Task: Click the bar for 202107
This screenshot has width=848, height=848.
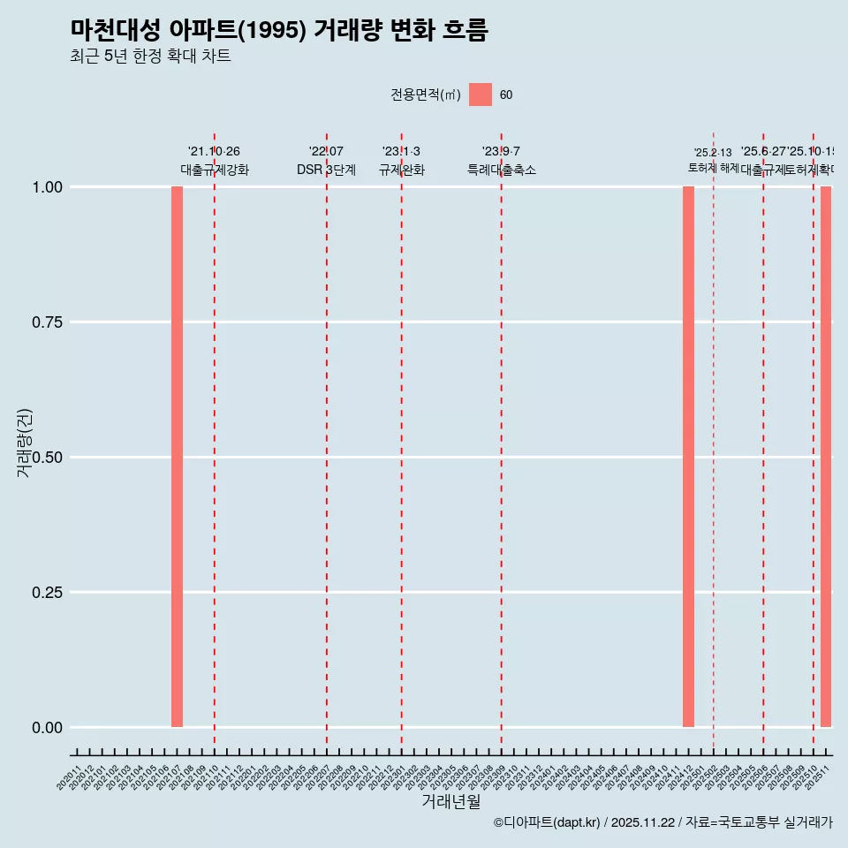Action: coord(177,457)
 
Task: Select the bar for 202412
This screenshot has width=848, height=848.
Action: coord(688,457)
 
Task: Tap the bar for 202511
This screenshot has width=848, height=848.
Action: coord(826,457)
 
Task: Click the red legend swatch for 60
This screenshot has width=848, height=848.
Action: coord(481,95)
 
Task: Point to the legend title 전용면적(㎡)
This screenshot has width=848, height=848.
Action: coord(426,95)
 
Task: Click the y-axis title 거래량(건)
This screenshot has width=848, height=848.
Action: coord(25,443)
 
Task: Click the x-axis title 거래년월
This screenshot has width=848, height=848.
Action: coord(450,802)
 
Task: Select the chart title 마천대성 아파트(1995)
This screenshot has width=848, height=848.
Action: coord(279,30)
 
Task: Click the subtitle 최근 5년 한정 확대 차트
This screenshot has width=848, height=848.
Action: coord(150,57)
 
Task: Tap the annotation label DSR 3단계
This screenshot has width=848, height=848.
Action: coord(326,170)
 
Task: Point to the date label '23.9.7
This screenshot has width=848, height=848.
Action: coord(501,151)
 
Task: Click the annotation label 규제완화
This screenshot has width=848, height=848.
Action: coord(402,170)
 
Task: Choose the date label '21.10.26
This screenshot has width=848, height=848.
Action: coord(214,151)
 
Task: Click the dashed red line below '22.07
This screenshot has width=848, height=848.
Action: coord(327,442)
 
